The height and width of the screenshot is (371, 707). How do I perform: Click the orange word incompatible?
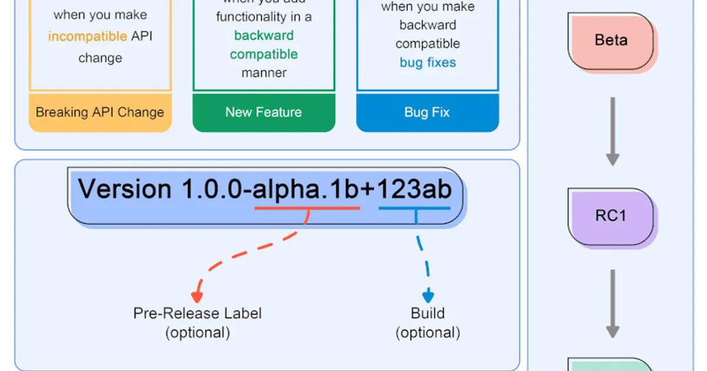tap(87, 37)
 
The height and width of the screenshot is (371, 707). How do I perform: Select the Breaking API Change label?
tap(100, 112)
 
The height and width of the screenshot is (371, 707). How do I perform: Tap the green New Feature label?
tap(263, 112)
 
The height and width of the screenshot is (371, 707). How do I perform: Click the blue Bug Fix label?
tap(427, 112)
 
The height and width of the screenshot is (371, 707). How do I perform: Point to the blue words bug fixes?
tap(428, 62)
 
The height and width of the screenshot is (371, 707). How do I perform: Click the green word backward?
tap(263, 35)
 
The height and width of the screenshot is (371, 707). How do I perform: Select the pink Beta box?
tap(611, 41)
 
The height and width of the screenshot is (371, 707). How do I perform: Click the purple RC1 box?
tap(611, 216)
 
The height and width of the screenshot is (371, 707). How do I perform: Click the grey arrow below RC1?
tap(613, 303)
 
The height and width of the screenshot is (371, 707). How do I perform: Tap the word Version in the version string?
tap(124, 190)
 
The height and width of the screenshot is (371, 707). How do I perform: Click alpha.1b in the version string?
tap(306, 190)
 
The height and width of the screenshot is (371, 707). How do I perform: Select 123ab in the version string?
tap(415, 190)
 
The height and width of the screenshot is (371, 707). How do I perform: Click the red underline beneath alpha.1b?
tap(306, 208)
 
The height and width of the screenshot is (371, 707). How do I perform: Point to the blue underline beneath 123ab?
tap(415, 208)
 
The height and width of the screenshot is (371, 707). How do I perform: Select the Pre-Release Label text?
tap(197, 313)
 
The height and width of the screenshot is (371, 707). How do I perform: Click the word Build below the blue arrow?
tap(428, 313)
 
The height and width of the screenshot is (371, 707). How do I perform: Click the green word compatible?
tap(263, 54)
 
